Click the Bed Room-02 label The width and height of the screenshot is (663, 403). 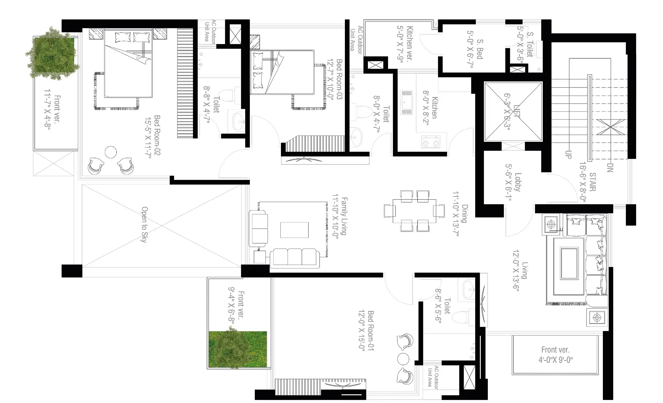(157, 135)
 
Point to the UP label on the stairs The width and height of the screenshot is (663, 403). (568, 154)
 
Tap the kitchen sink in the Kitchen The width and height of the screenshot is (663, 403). (407, 102)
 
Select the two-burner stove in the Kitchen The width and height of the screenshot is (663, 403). (431, 142)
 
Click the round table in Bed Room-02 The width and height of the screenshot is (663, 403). (111, 152)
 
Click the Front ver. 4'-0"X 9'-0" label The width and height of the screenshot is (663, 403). (555, 355)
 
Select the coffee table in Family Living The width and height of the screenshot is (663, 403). (294, 230)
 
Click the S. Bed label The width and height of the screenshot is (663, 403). (480, 49)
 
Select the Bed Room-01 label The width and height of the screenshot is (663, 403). (371, 331)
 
